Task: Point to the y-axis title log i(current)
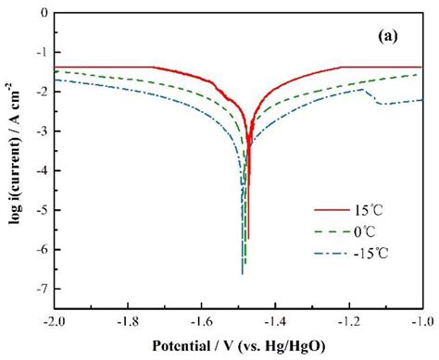point(13,157)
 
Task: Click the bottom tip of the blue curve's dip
point(243,274)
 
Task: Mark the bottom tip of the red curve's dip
point(248,239)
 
